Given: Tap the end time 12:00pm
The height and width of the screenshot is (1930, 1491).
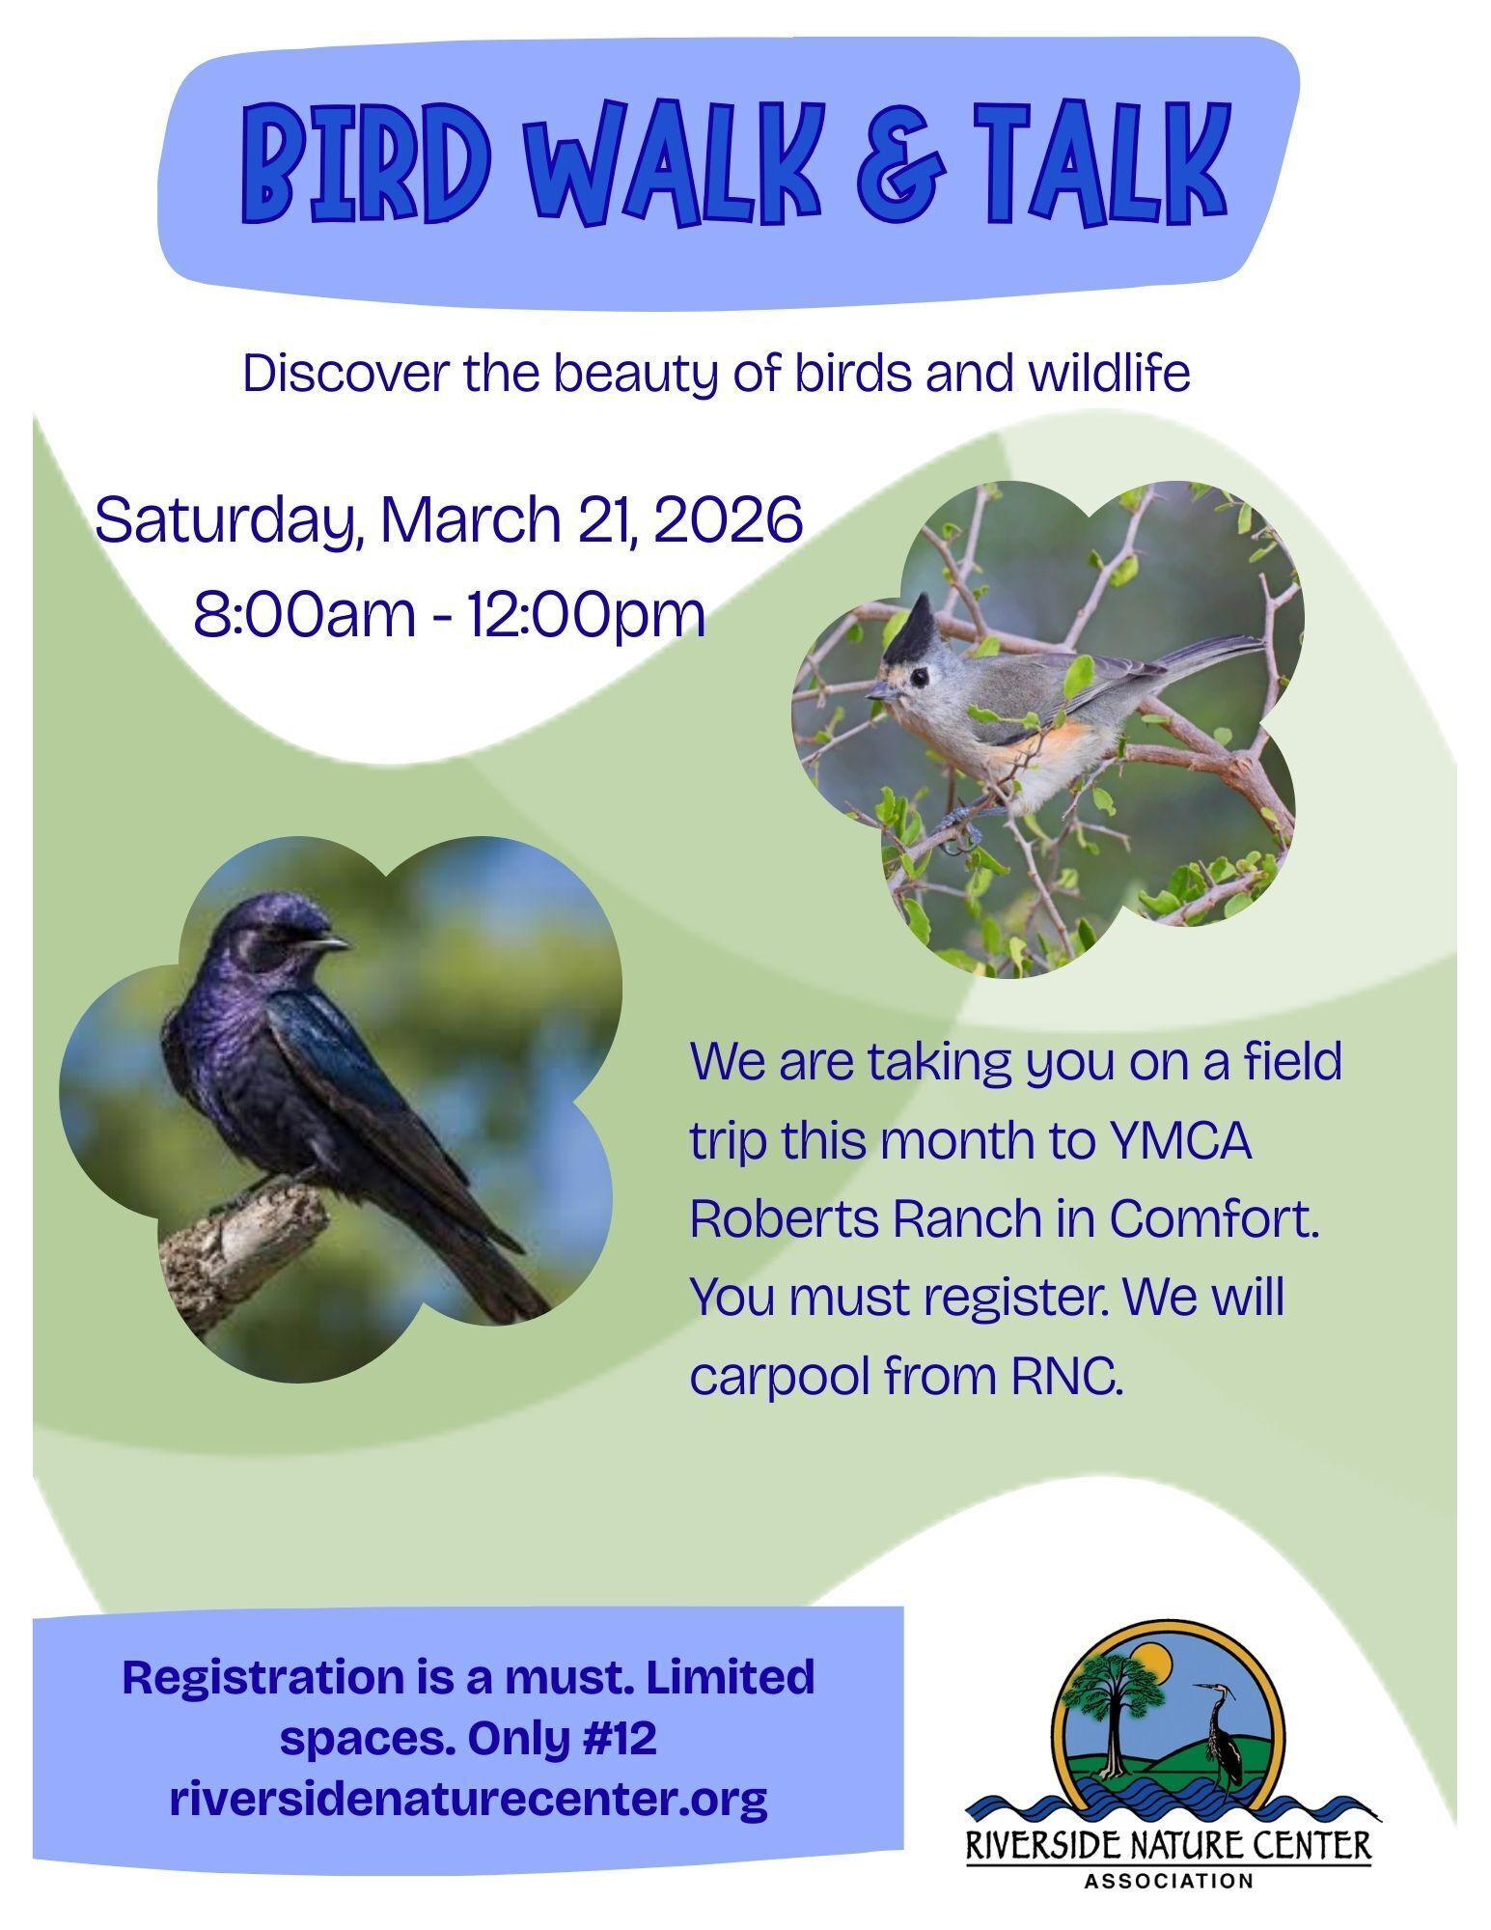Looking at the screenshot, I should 586,614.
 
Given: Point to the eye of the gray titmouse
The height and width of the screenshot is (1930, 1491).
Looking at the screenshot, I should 918,677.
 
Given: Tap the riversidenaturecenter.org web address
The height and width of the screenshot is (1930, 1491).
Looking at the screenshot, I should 468,1799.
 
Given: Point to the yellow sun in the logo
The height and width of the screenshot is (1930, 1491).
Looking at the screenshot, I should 1152,1659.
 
